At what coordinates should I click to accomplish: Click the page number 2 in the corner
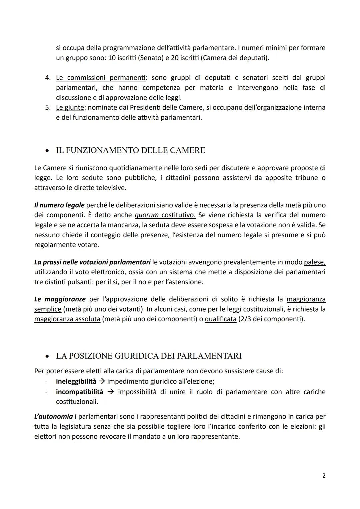click(x=324, y=476)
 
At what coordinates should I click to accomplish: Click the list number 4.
click(x=48, y=78)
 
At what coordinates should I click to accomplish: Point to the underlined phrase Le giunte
click(x=70, y=108)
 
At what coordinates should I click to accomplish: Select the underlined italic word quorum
click(x=146, y=215)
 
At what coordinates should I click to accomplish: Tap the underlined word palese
click(x=314, y=262)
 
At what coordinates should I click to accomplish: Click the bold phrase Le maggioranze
click(x=60, y=299)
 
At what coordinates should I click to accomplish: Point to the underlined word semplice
click(x=48, y=309)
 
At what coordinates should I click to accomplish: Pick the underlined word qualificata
click(x=220, y=319)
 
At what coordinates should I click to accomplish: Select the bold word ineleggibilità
click(x=76, y=381)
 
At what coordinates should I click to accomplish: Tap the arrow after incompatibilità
click(x=110, y=392)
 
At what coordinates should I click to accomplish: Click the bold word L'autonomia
click(x=53, y=416)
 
